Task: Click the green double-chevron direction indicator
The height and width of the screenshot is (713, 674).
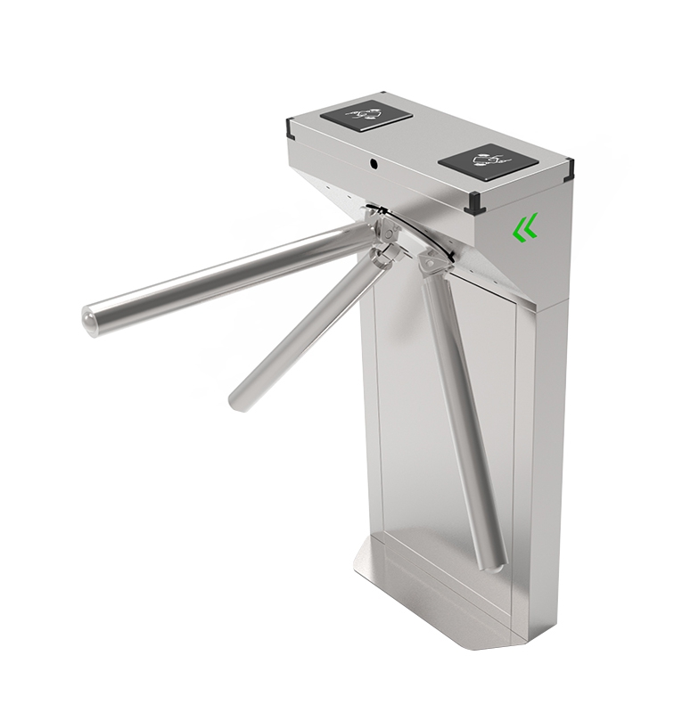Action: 526,229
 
